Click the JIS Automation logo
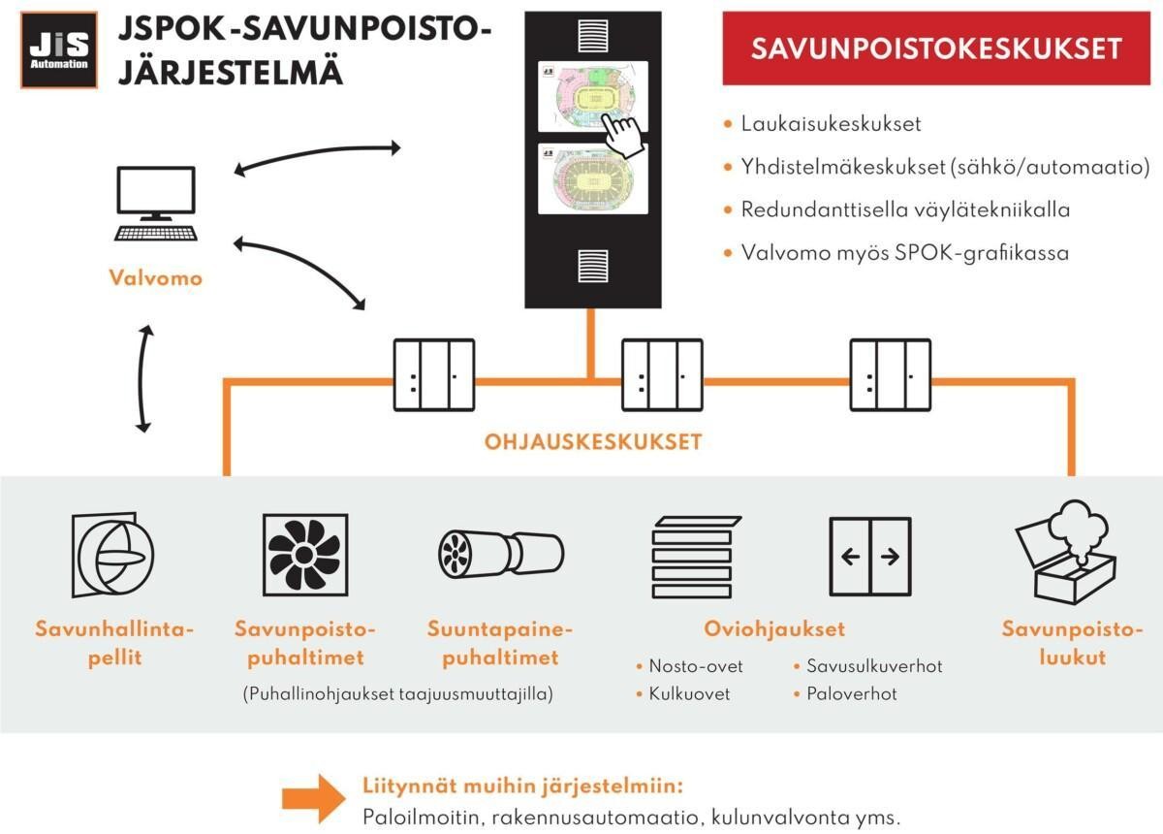click(59, 50)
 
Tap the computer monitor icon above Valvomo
click(156, 203)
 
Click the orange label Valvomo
click(156, 278)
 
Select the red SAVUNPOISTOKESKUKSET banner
click(936, 49)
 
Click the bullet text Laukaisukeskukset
click(831, 124)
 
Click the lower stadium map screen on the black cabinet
click(592, 184)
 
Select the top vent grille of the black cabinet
click(592, 36)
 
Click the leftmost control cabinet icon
click(433, 375)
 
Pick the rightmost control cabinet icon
click(890, 375)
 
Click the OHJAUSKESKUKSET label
click(592, 442)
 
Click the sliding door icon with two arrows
click(870, 557)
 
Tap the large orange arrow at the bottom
click(311, 797)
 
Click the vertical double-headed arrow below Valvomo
click(145, 378)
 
